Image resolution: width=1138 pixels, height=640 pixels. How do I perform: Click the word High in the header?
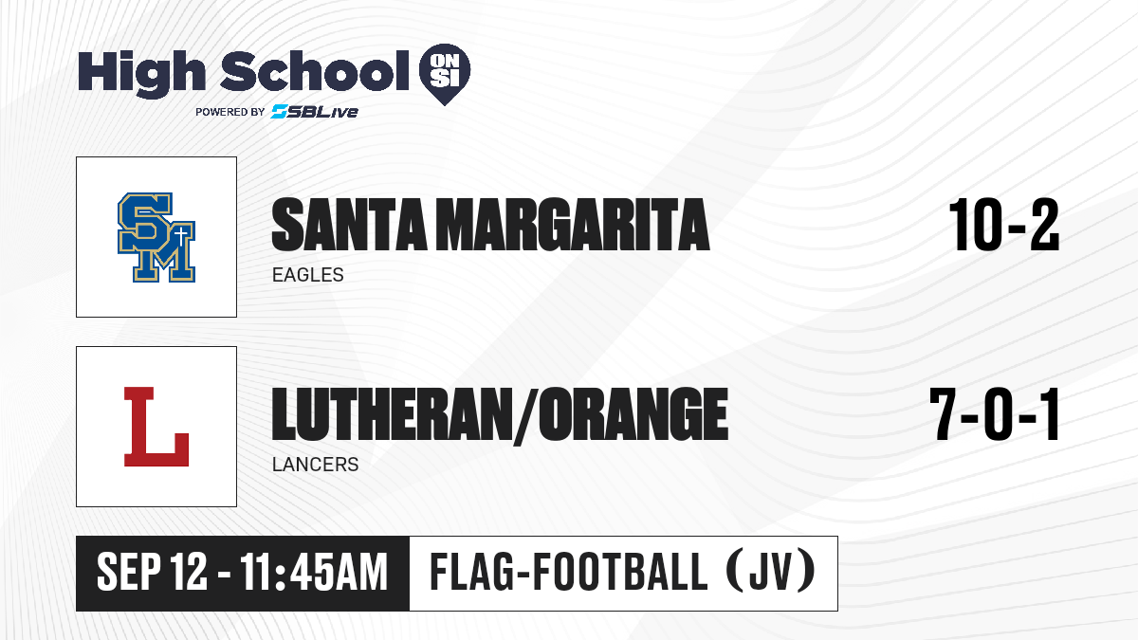tap(141, 73)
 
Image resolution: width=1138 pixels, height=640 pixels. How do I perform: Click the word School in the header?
tap(315, 70)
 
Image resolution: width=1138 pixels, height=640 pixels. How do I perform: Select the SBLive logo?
tap(315, 111)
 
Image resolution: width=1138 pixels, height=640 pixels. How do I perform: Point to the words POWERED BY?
tap(230, 112)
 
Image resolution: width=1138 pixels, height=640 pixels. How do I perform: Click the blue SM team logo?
tap(156, 237)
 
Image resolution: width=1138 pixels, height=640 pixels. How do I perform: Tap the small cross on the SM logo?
tap(181, 237)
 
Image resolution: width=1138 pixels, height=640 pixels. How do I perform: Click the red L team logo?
tap(156, 427)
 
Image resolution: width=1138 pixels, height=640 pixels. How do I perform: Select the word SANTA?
tap(349, 225)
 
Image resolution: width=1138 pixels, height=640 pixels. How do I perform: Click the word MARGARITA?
tap(573, 225)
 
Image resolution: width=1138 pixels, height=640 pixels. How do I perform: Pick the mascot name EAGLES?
tap(308, 275)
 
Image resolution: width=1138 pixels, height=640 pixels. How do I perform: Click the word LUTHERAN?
tap(392, 414)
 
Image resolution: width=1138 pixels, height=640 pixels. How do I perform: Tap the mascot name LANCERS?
tap(316, 465)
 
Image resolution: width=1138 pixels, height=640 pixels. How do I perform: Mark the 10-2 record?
tap(1004, 225)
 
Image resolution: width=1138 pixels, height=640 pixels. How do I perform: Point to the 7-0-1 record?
tap(995, 414)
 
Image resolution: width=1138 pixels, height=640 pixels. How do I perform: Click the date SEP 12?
tap(152, 572)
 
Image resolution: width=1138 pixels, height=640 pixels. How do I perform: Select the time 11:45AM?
tap(314, 572)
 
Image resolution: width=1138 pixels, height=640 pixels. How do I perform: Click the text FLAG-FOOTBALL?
tap(568, 572)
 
